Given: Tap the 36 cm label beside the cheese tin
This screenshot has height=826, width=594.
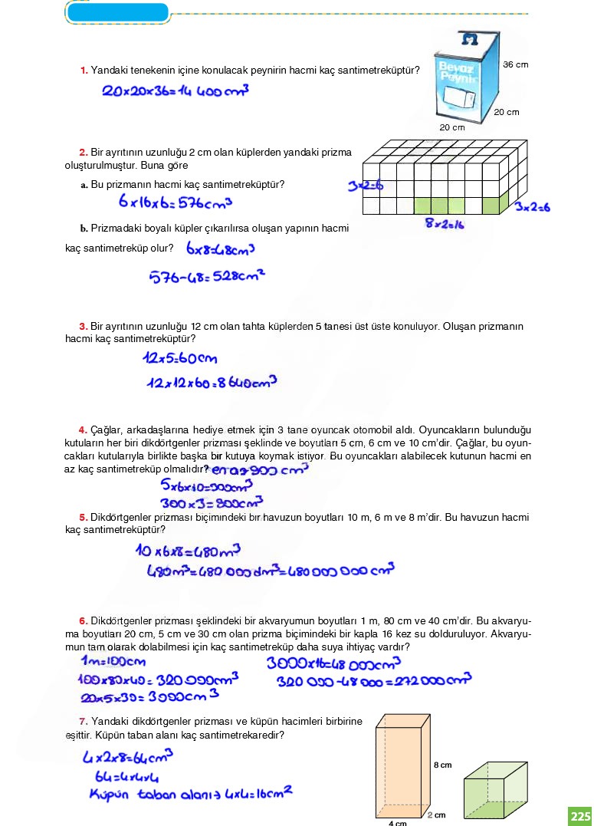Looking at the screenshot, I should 515,64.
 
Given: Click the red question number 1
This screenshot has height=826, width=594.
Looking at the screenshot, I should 84,71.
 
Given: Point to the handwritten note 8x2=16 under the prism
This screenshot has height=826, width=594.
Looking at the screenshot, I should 445,224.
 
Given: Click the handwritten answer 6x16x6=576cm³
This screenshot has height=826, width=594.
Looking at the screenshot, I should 176,202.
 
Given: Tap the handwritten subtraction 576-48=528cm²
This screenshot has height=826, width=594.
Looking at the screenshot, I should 207,275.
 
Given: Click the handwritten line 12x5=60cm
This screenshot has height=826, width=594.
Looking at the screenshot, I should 180,358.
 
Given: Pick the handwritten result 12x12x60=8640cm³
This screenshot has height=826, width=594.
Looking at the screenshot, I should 209,382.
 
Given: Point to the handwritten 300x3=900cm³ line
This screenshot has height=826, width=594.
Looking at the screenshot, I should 212,503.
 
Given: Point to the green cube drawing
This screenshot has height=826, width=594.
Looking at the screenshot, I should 495,788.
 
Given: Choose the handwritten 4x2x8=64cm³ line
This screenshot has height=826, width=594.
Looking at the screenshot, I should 127,758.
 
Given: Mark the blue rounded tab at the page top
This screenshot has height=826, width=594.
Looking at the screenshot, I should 117,12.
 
